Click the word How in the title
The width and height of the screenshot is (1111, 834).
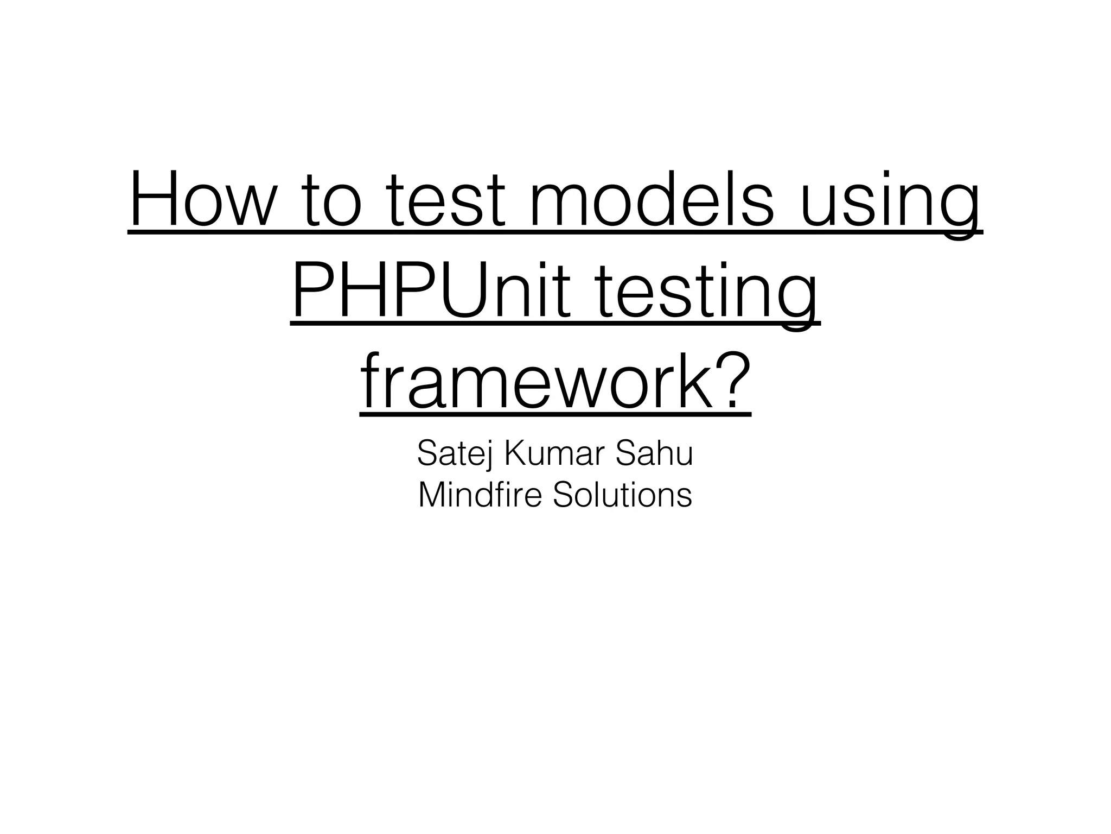202,199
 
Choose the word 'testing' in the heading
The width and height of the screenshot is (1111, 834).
705,293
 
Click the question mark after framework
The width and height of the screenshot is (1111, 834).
733,380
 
